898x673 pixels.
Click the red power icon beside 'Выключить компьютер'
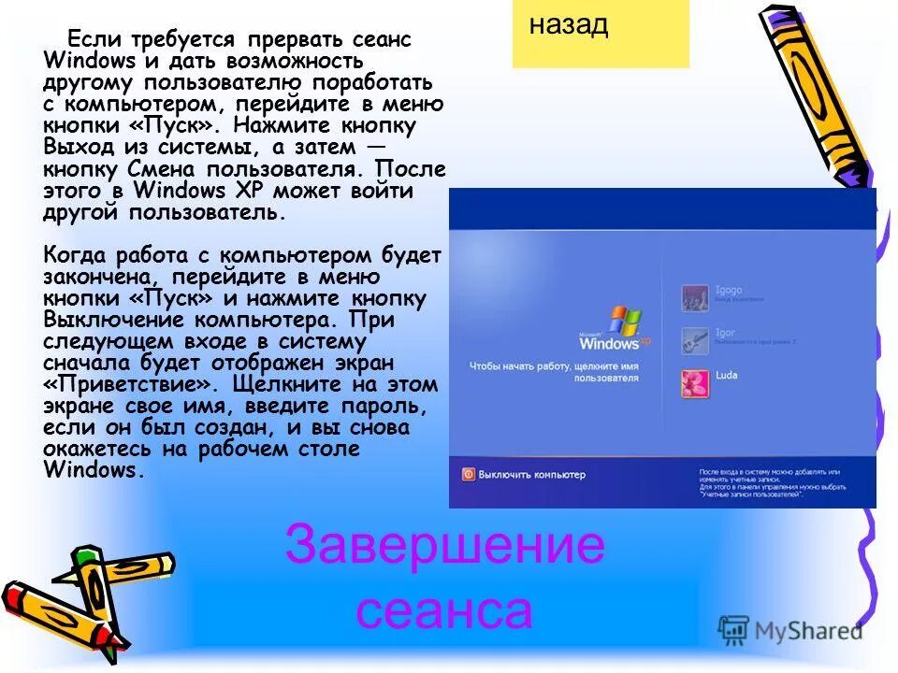click(468, 474)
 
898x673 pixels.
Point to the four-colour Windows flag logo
click(625, 322)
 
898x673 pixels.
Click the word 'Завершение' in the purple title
click(445, 546)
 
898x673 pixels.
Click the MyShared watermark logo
click(791, 629)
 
